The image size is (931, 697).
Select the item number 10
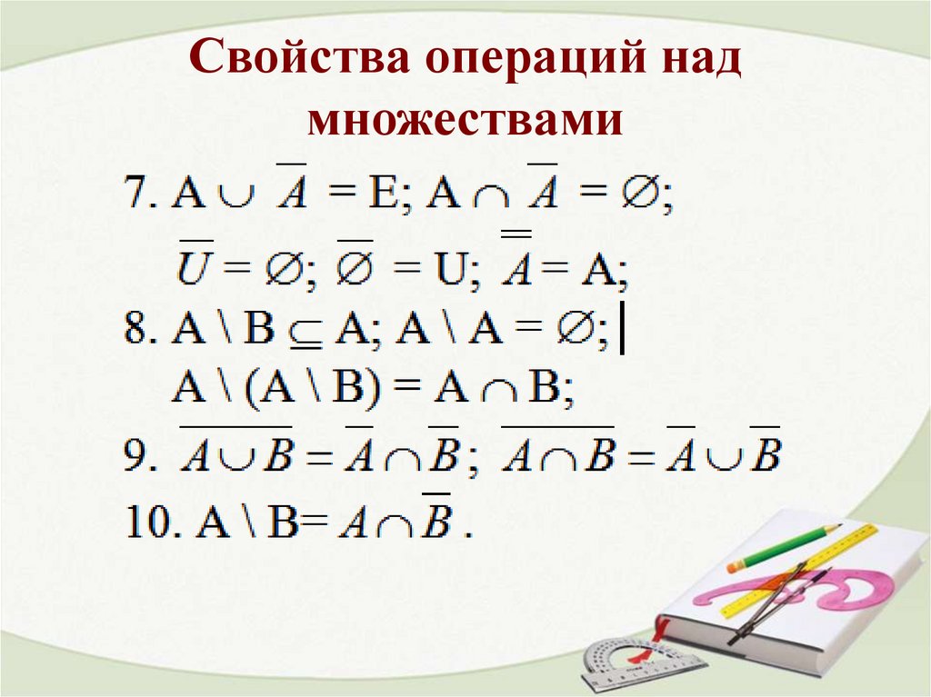[x=145, y=524]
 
